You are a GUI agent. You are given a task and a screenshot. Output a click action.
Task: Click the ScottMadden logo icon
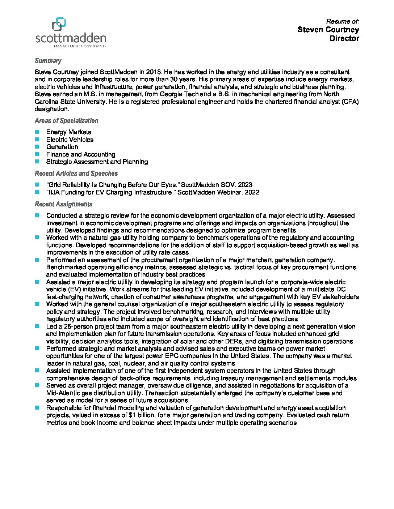click(x=59, y=25)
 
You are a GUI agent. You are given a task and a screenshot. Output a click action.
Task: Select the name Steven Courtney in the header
click(x=328, y=30)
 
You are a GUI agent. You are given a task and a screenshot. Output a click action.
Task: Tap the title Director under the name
click(x=344, y=38)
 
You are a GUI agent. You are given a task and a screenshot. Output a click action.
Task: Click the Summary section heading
click(x=48, y=61)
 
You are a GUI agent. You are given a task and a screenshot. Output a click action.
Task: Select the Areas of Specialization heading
click(x=66, y=121)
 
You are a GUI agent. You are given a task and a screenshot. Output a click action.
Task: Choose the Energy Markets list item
click(x=68, y=132)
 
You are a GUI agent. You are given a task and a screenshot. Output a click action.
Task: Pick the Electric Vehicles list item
click(x=70, y=140)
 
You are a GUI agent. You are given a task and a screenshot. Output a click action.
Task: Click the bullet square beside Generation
click(x=37, y=147)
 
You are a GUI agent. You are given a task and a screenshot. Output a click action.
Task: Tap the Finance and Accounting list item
click(x=80, y=154)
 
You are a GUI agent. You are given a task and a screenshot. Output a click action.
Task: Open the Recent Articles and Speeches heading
click(x=76, y=174)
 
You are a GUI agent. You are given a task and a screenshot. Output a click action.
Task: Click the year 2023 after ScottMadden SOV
click(x=245, y=185)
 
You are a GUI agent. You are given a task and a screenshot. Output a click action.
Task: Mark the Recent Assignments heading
click(x=63, y=204)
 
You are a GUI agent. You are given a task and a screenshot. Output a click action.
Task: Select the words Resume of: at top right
click(x=343, y=21)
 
